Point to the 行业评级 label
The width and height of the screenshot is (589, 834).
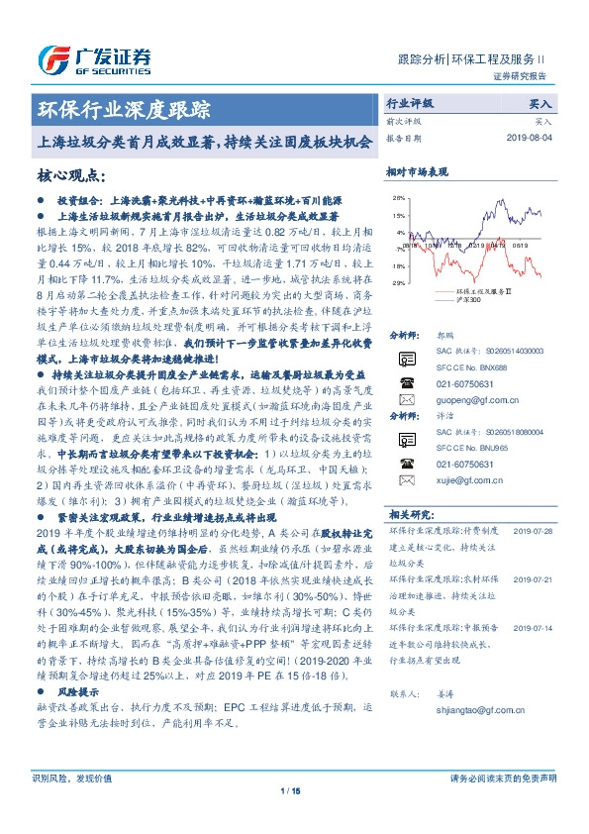(410, 103)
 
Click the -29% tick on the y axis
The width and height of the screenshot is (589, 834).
(398, 283)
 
